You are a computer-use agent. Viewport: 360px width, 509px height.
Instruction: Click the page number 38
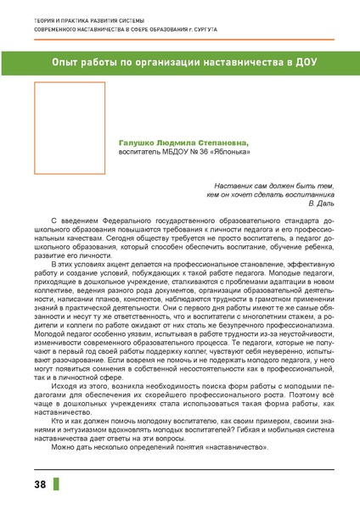point(40,484)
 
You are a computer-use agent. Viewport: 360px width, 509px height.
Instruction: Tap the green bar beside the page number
point(58,484)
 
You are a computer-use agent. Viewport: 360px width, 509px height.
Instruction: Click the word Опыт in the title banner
point(69,63)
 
